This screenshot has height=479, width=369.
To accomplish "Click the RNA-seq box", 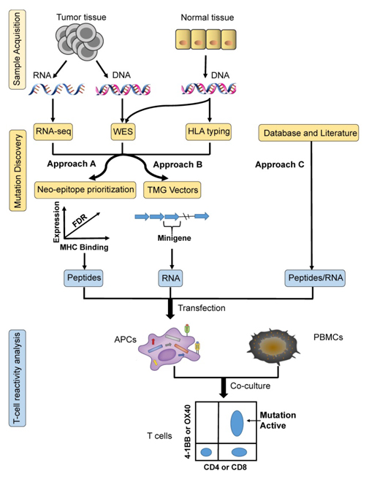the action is click(x=53, y=131).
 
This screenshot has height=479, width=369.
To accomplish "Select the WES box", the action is click(x=123, y=131).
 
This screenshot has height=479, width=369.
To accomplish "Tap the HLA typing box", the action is click(x=208, y=131).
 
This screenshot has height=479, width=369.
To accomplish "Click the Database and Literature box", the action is click(x=309, y=133).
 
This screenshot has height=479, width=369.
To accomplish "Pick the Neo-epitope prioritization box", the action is click(x=85, y=190).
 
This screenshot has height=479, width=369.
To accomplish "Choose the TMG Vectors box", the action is click(x=172, y=190).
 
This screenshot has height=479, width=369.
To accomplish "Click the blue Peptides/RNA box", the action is click(x=315, y=278).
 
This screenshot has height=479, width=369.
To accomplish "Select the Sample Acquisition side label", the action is click(x=18, y=49).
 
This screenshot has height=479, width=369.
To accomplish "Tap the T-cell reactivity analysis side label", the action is click(x=18, y=378).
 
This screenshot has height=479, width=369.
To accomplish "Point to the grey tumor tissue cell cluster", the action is click(x=80, y=42).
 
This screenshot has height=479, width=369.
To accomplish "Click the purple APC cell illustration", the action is click(x=168, y=348).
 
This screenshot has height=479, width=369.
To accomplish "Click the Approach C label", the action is click(x=280, y=165).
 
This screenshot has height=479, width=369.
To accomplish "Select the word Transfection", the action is click(x=202, y=308).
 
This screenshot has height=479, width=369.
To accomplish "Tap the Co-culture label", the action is click(x=250, y=386).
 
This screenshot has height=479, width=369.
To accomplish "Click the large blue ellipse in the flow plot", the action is click(x=237, y=423).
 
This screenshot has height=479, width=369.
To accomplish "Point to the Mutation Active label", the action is click(x=278, y=421).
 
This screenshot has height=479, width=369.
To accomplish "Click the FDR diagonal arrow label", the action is click(x=80, y=221).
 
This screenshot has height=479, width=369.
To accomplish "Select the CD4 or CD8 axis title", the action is click(x=225, y=467).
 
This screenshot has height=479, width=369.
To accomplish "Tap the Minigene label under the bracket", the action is click(x=174, y=238).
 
